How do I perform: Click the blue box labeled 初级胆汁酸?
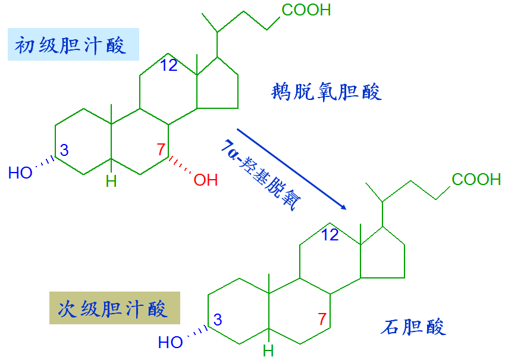73,45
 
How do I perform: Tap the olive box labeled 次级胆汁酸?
115,308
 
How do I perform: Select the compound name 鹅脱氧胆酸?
326,92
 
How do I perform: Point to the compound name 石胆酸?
413,327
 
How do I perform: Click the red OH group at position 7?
205,180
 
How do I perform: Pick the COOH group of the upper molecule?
306,10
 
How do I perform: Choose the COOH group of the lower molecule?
476,179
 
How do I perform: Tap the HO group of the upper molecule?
20,173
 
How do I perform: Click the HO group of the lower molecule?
170,342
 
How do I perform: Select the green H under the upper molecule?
111,181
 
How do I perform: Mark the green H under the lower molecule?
268,350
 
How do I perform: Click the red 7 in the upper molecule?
161,149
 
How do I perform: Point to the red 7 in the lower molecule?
322,319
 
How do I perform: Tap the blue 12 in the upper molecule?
169,65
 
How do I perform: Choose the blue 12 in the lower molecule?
330,234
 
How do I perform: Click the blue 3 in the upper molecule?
64,150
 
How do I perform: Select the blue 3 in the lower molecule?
218,320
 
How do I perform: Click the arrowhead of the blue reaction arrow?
343,207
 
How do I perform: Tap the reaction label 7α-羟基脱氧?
261,175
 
